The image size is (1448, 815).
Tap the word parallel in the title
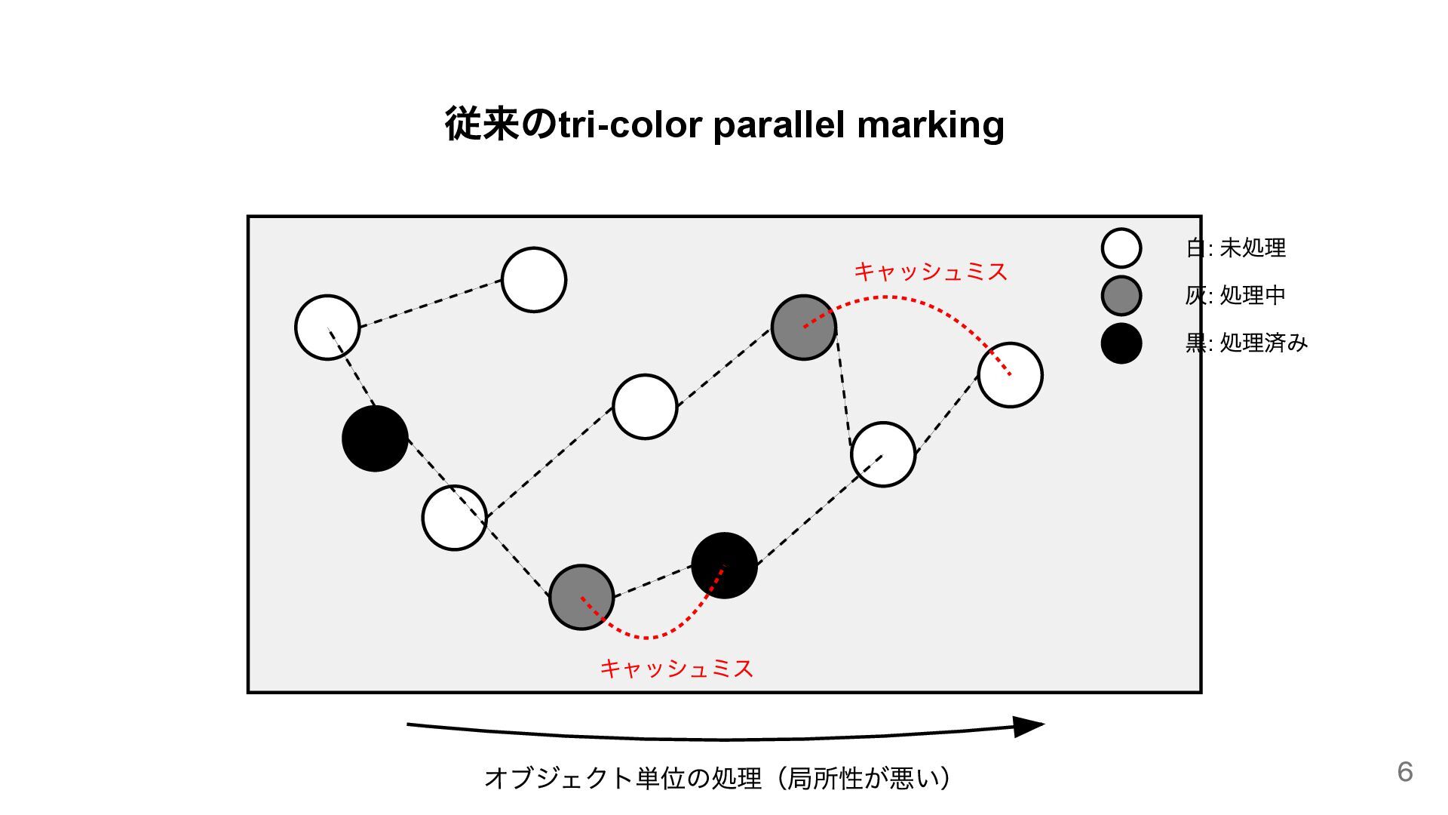click(x=778, y=125)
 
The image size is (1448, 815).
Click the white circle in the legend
click(x=1121, y=248)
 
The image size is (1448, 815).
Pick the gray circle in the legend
click(x=1121, y=295)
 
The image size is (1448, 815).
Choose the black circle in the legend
click(x=1121, y=343)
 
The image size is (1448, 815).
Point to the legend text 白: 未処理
click(x=1235, y=248)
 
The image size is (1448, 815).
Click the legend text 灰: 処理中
click(x=1235, y=295)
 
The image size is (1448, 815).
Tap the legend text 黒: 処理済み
click(x=1246, y=343)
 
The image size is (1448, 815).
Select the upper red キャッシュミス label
click(x=931, y=272)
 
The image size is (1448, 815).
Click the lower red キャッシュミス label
click(x=676, y=668)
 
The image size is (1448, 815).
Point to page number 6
click(x=1404, y=771)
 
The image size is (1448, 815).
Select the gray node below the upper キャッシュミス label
click(x=804, y=328)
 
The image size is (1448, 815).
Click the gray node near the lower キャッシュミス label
click(x=581, y=597)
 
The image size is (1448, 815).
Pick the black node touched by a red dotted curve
click(x=724, y=565)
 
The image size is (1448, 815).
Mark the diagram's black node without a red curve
click(x=375, y=438)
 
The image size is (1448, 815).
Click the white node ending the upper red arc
click(x=1010, y=375)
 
